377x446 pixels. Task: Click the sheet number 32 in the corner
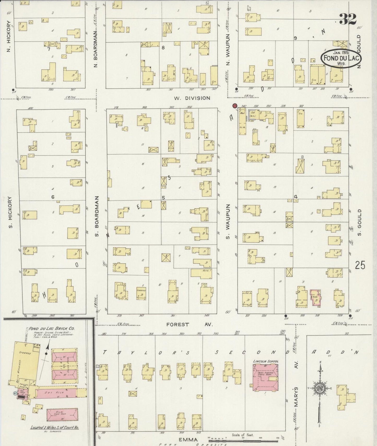[348, 19]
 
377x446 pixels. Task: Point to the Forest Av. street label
[190, 324]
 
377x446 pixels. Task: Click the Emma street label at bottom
[188, 439]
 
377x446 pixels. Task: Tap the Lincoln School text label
[265, 361]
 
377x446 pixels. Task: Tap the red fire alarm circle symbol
[234, 106]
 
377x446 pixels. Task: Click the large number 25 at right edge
[360, 265]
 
